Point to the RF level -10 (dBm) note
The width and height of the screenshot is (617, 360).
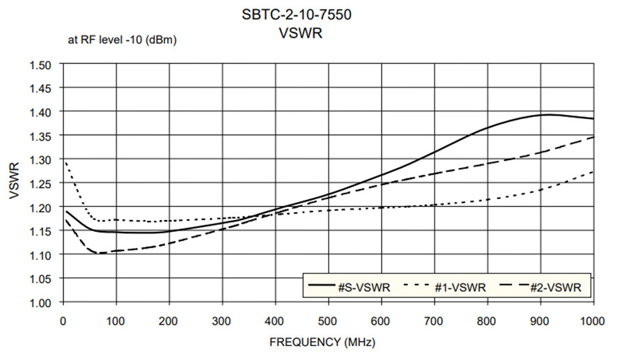122,40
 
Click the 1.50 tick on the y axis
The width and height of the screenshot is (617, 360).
42,65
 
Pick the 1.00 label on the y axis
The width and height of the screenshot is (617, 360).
42,303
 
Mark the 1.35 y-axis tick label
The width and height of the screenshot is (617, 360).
42,136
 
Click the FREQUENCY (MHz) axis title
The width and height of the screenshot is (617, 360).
327,343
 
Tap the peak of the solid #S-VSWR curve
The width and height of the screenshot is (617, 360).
550,114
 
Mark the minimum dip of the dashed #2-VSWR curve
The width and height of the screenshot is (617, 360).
98,253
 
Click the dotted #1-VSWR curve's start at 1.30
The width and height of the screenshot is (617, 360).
65,162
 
